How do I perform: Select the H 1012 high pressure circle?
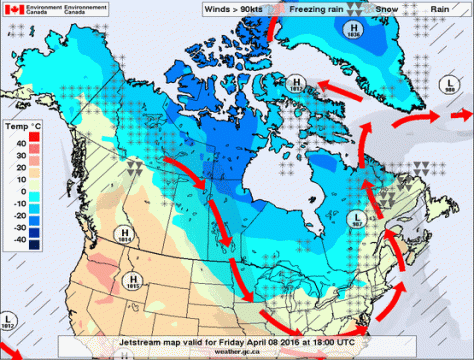click(295, 83)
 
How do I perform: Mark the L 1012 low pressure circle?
click(8, 322)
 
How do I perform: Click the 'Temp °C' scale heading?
click(20, 128)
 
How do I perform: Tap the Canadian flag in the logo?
click(13, 13)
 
